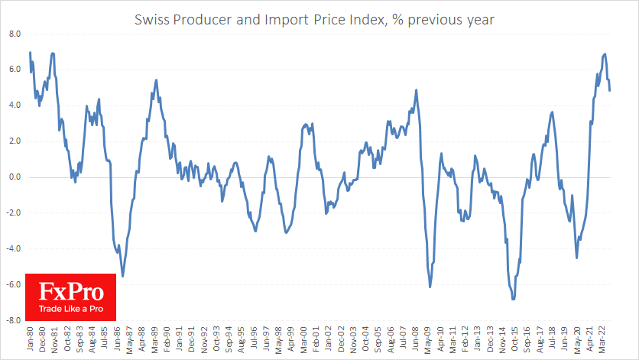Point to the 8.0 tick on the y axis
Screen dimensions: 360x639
click(15, 34)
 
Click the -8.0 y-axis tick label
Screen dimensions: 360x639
click(14, 321)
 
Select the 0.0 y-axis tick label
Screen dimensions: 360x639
click(15, 177)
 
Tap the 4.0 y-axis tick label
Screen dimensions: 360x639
click(15, 105)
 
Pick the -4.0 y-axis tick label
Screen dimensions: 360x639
click(14, 249)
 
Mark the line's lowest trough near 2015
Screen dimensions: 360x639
click(513, 299)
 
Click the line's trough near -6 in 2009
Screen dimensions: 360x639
click(430, 287)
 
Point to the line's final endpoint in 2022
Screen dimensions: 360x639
click(609, 91)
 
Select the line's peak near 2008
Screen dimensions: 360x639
click(417, 90)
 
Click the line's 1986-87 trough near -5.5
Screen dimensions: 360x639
click(122, 276)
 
